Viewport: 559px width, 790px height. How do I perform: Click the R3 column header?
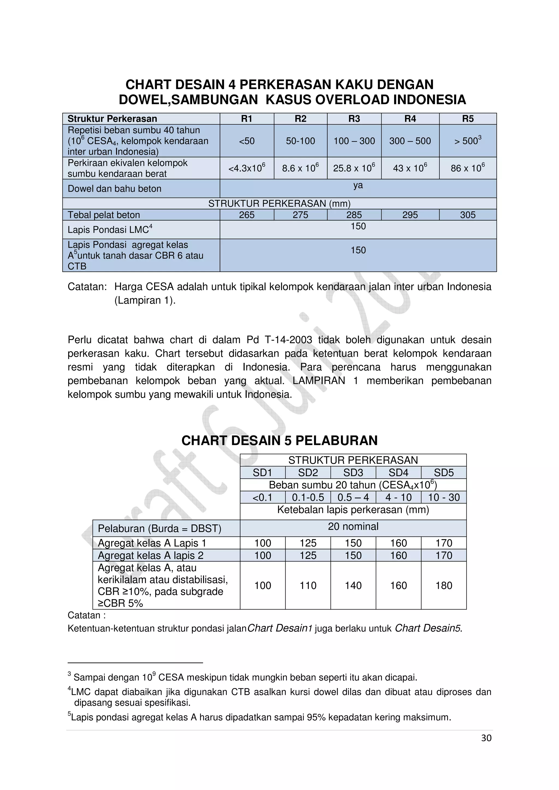[x=354, y=119]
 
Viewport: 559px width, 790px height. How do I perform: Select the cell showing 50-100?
[x=300, y=141]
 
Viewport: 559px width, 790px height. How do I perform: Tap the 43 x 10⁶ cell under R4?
[x=410, y=168]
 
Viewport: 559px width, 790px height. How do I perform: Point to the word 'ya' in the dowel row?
[x=358, y=185]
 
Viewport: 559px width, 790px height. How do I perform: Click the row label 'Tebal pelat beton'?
[x=104, y=215]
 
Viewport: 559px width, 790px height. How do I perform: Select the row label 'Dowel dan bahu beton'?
[x=114, y=189]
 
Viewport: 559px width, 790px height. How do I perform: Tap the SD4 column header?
[x=398, y=472]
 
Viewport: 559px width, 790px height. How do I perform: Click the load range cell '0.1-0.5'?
[x=308, y=497]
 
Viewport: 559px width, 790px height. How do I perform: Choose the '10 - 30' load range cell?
[x=444, y=497]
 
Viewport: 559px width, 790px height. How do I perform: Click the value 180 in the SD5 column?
[x=444, y=585]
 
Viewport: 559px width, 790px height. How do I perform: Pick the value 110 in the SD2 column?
[x=308, y=585]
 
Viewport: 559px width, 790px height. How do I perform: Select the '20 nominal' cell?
[x=353, y=526]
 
